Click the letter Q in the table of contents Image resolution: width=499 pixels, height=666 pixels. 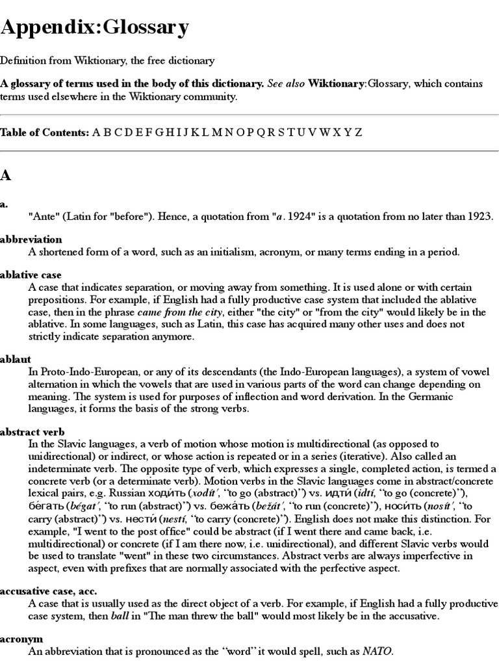pos(261,132)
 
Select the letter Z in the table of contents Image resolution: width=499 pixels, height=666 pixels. pos(358,132)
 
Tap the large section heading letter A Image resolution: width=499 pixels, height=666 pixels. pos(6,175)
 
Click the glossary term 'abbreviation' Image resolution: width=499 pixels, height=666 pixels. pos(31,239)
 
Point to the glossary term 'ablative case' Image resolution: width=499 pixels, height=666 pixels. pos(31,275)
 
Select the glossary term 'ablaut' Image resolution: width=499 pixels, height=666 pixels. pos(16,358)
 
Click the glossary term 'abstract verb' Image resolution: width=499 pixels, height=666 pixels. pos(32,432)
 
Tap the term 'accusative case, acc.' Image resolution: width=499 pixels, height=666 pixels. pos(47,591)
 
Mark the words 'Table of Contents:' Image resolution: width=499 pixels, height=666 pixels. pos(44,132)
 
